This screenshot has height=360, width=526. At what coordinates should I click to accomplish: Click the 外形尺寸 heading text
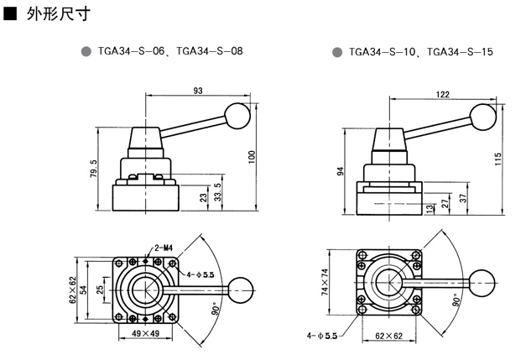click(x=55, y=14)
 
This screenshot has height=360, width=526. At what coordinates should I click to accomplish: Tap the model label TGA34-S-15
click(x=460, y=51)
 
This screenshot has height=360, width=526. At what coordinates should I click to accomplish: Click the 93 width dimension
click(x=198, y=90)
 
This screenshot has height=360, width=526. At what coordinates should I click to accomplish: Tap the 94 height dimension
click(x=341, y=171)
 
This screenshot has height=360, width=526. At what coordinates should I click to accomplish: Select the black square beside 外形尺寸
click(x=11, y=14)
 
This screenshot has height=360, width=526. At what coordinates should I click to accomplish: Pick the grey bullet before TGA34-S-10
click(x=337, y=51)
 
